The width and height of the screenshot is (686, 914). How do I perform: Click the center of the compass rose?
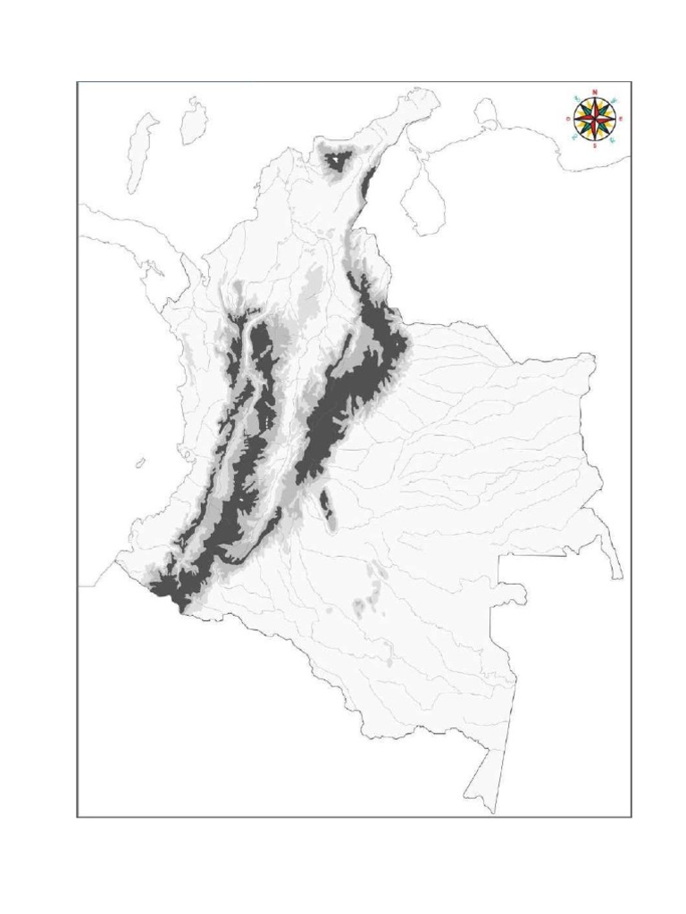pyautogui.click(x=594, y=119)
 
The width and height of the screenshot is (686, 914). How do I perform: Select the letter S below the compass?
pyautogui.click(x=595, y=145)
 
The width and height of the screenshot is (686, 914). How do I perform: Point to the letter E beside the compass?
pyautogui.click(x=620, y=119)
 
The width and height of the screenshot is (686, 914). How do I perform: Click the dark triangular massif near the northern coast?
pyautogui.click(x=338, y=161)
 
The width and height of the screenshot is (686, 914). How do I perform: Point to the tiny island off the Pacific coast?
pyautogui.click(x=140, y=462)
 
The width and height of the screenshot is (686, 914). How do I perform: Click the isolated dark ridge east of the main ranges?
pyautogui.click(x=326, y=504)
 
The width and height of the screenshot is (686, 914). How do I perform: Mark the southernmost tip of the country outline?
pyautogui.click(x=490, y=810)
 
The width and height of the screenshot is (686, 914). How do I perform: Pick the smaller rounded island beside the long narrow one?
pyautogui.click(x=193, y=122)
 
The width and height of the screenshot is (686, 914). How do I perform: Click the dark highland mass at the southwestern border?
pyautogui.click(x=170, y=589)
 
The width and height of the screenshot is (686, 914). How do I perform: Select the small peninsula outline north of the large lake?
pyautogui.click(x=487, y=113)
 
